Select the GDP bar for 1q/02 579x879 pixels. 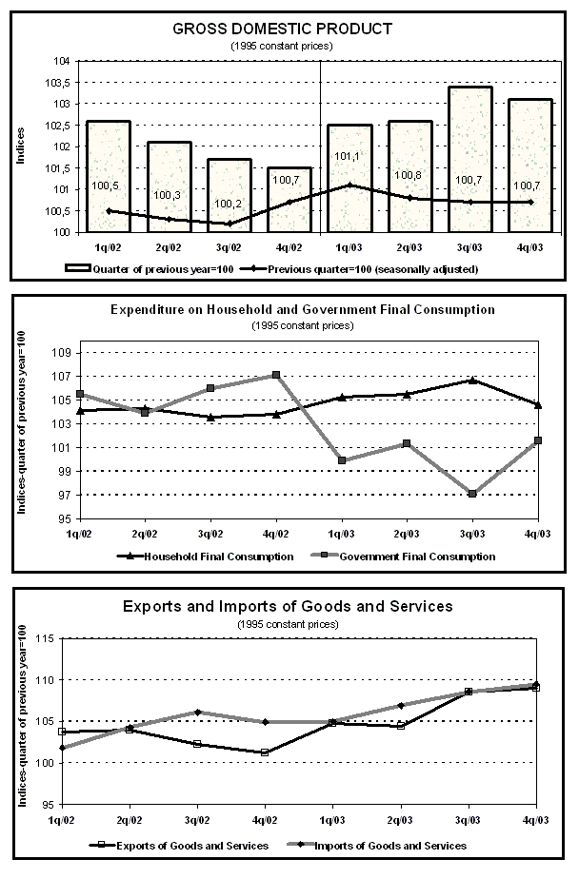pyautogui.click(x=108, y=175)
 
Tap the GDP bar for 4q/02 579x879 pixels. pyautogui.click(x=289, y=199)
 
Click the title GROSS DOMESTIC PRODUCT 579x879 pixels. pyautogui.click(x=282, y=29)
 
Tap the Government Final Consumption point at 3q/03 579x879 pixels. pyautogui.click(x=471, y=494)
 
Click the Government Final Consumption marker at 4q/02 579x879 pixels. pyautogui.click(x=276, y=375)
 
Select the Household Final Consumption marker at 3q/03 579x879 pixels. pyautogui.click(x=471, y=380)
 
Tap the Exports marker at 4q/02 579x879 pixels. pyautogui.click(x=265, y=752)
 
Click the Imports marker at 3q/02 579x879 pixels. pyautogui.click(x=197, y=712)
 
